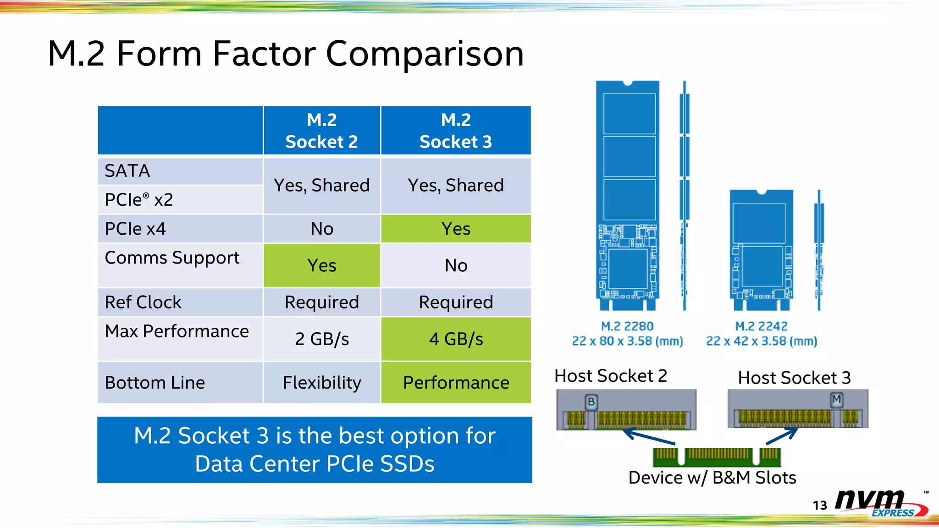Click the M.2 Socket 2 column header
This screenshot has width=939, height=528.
(321, 131)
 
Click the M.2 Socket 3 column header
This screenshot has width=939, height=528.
(456, 131)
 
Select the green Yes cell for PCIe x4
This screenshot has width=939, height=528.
(456, 228)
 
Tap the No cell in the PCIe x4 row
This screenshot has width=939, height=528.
(321, 228)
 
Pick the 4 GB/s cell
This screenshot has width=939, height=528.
(456, 339)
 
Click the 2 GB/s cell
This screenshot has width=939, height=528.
(321, 339)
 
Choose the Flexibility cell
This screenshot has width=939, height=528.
(321, 382)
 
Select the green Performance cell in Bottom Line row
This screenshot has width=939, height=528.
(456, 382)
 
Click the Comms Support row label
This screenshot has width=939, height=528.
(172, 258)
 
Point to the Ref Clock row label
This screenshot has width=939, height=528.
(143, 302)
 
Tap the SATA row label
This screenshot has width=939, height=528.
(127, 171)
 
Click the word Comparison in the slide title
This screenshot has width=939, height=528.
(425, 54)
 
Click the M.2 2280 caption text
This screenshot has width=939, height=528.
(627, 326)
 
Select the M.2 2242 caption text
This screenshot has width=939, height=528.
(761, 326)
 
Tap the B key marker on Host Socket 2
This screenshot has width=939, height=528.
(591, 402)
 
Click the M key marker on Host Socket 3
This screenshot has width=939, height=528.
(836, 399)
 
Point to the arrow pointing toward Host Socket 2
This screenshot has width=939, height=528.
(649, 436)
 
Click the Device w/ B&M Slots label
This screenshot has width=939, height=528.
(712, 478)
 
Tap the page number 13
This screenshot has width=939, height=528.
(820, 506)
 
